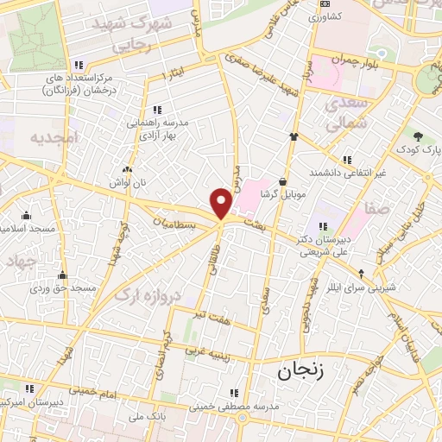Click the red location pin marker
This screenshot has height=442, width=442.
point(222,203)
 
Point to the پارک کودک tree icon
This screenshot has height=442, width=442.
point(419,136)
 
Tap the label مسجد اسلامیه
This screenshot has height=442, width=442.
point(27,228)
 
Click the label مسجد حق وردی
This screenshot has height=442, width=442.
point(61,288)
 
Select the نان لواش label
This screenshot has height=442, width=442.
point(128,183)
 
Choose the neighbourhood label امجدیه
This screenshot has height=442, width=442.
point(54,137)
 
